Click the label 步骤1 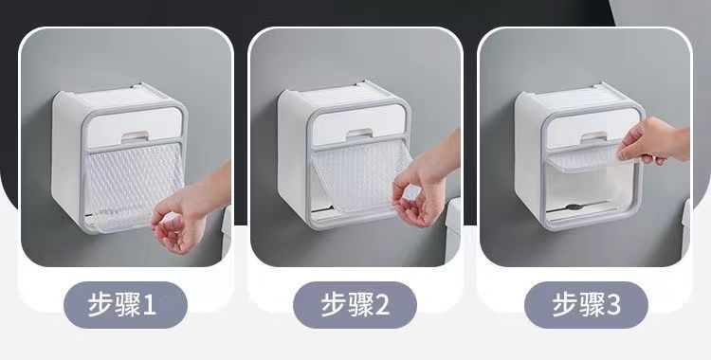point(122,304)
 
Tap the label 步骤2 point(355,304)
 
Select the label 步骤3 point(586,304)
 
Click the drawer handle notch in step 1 point(135,135)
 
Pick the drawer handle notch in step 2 point(359,133)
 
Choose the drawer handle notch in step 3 point(593,136)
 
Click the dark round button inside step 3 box point(574,207)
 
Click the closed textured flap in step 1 point(135,186)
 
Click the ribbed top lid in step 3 point(582,96)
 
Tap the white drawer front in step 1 point(135,127)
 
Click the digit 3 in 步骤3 point(613,305)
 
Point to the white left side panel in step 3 point(528,154)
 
